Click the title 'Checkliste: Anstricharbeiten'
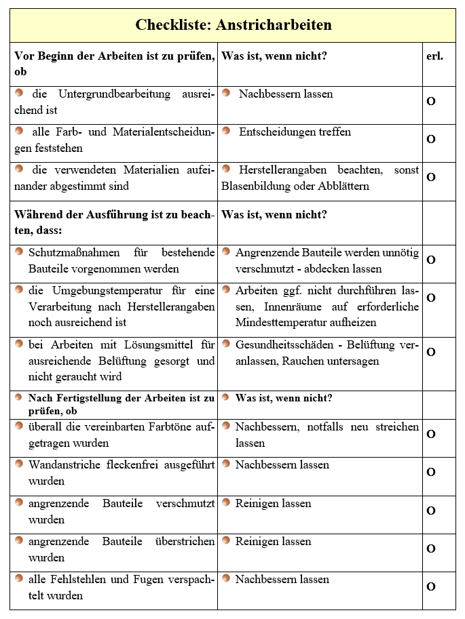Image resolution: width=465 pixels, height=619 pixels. pyautogui.click(x=233, y=26)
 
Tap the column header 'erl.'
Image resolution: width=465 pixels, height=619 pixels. pyautogui.click(x=434, y=56)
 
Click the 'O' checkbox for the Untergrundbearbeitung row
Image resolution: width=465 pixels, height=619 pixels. pyautogui.click(x=430, y=101)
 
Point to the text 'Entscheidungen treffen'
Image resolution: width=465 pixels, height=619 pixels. pyautogui.click(x=295, y=132)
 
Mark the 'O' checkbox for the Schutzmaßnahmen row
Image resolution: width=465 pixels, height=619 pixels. pyautogui.click(x=430, y=260)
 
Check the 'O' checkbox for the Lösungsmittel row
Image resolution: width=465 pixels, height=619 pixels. pyautogui.click(x=430, y=353)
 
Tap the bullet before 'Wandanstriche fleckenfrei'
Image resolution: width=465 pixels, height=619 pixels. pyautogui.click(x=19, y=465)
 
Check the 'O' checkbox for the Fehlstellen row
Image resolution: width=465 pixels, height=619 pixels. pyautogui.click(x=430, y=587)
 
